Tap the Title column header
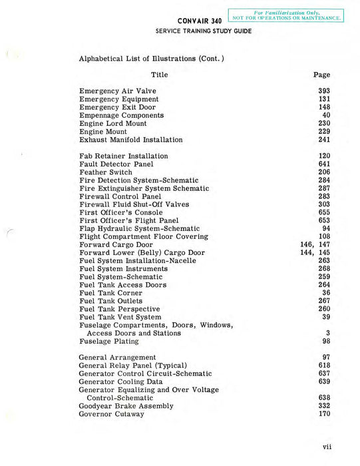[160, 75]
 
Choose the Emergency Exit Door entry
[117, 107]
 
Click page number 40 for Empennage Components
[326, 115]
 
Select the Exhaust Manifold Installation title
[130, 140]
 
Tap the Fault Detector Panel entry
[116, 164]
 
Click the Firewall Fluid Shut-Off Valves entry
[134, 204]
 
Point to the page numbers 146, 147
[315, 244]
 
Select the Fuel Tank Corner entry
[110, 293]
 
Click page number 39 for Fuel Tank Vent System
[326, 317]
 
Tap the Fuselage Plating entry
[108, 342]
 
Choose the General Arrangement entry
[117, 357]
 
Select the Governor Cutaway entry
[111, 414]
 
